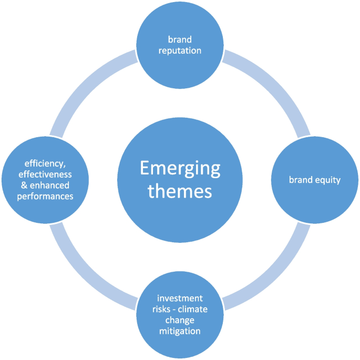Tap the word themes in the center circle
(x=180, y=191)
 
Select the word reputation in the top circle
(x=180, y=50)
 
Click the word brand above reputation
(x=180, y=39)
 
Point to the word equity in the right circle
(x=327, y=180)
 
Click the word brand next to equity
(x=301, y=180)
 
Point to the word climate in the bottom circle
(x=193, y=310)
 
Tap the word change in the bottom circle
(x=180, y=321)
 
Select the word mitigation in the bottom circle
(x=180, y=332)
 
